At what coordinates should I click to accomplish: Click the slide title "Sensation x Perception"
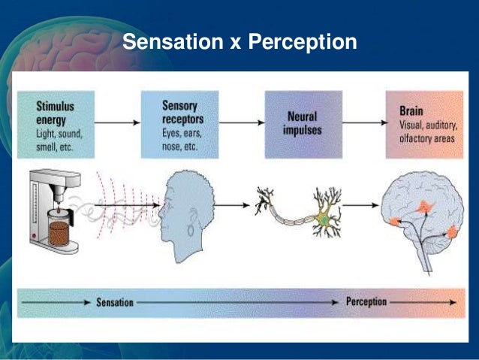pyautogui.click(x=239, y=42)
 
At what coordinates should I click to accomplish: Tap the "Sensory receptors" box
pyautogui.click(x=179, y=124)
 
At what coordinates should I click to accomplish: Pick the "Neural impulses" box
pyautogui.click(x=303, y=124)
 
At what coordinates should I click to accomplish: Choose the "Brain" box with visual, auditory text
pyautogui.click(x=425, y=124)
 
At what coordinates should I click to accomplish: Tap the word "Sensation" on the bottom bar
pyautogui.click(x=115, y=303)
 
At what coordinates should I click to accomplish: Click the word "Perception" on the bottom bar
pyautogui.click(x=366, y=302)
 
